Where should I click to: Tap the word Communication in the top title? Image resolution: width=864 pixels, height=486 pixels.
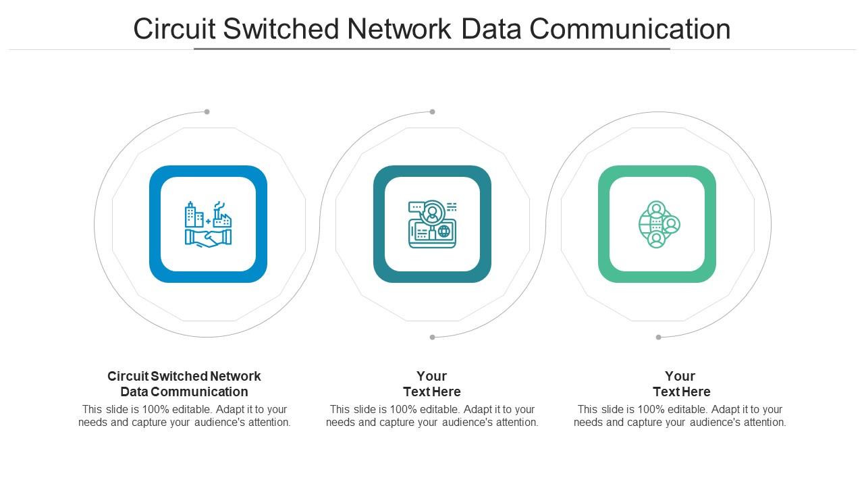point(629,30)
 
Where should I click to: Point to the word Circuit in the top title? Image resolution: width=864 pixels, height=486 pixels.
point(174,30)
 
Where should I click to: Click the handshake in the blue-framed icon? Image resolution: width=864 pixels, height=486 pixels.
point(208,238)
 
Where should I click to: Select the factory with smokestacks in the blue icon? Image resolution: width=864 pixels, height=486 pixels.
point(222,215)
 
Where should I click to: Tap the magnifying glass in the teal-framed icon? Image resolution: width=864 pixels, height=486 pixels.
point(432,213)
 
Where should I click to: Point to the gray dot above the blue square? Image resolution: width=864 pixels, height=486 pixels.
point(207,112)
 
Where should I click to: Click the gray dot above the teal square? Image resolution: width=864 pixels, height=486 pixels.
point(433,112)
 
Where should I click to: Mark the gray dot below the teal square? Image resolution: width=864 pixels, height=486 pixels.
point(433,337)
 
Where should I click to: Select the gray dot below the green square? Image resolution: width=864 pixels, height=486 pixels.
point(658,337)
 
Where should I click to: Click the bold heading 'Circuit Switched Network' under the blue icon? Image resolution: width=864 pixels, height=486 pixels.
point(184,376)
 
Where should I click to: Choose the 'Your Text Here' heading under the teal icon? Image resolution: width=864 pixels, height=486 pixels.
point(432,383)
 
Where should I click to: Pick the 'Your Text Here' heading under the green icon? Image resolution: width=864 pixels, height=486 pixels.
point(680,383)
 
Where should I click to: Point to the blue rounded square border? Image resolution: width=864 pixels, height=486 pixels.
point(155,224)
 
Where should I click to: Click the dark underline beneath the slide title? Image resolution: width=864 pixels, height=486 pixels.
point(432,49)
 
